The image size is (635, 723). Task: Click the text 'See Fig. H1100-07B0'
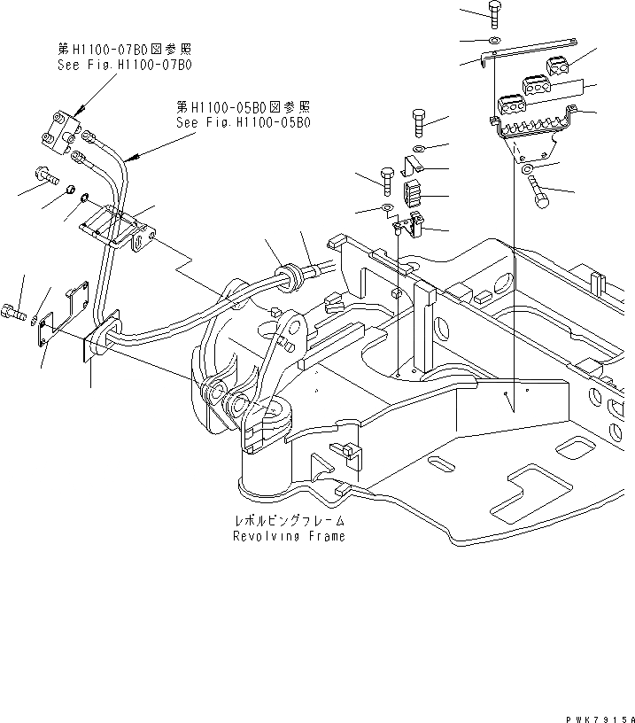coord(124,66)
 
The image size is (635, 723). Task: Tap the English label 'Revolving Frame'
coord(288,537)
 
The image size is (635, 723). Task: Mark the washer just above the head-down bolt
coord(527,167)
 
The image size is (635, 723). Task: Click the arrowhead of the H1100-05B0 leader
coord(130,157)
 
